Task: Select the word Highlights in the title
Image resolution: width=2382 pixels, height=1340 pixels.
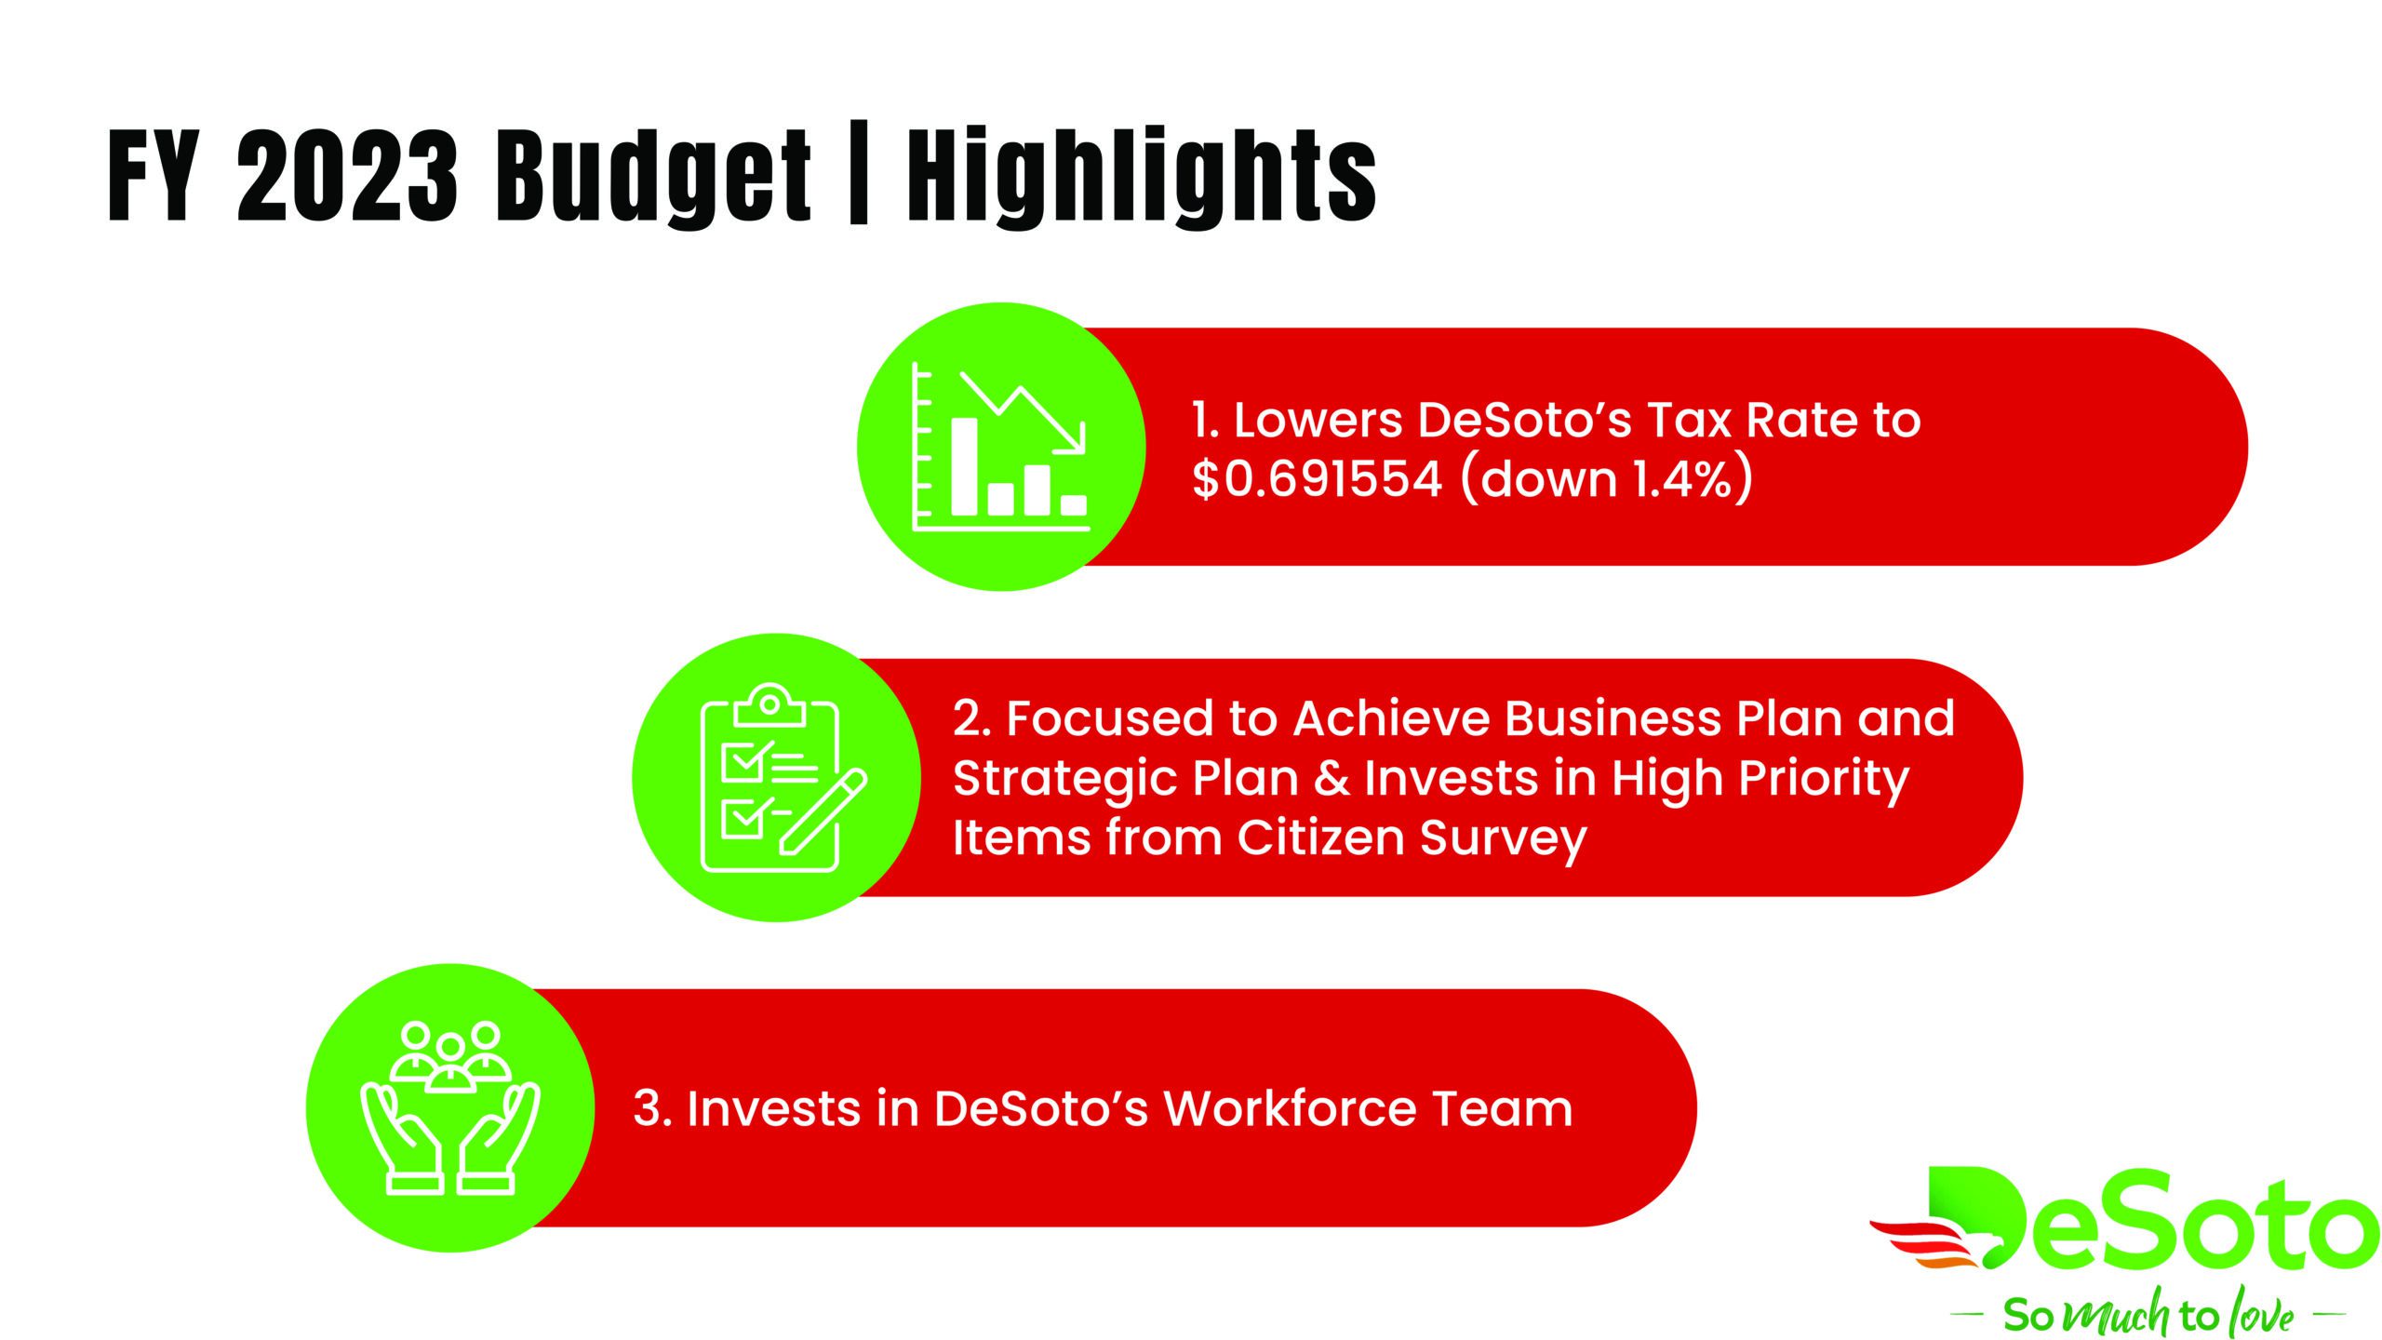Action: (x=1142, y=177)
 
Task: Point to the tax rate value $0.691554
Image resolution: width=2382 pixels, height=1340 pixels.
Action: (x=1318, y=479)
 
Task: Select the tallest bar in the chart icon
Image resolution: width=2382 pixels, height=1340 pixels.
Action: (x=964, y=465)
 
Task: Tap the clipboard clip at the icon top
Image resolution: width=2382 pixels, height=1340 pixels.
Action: (x=769, y=706)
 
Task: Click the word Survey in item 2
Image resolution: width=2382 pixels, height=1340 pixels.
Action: (x=1503, y=840)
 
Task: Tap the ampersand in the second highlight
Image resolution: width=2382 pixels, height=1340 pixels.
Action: (x=1332, y=778)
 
